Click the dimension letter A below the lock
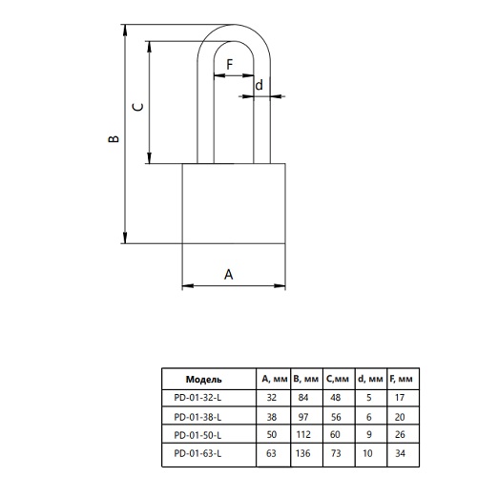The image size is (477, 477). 229,274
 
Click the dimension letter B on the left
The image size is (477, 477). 114,138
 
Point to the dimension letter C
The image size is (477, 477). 137,107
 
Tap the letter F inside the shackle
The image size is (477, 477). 230,65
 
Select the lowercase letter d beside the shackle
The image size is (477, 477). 259,85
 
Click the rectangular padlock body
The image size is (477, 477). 234,203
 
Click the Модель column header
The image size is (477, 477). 204,379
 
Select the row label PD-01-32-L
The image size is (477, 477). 197,398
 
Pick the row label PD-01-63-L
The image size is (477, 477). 197,453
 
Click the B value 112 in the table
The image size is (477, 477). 303,434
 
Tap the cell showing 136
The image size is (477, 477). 302,453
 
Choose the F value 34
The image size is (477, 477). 400,453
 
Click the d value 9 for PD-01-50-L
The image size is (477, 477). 369,434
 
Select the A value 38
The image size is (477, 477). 272,417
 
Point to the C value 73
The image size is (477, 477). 336,453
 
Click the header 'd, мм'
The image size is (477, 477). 370,379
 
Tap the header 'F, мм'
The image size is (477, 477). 401,379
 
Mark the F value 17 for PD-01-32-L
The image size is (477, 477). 400,398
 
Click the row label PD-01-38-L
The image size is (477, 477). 197,417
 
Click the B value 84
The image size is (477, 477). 303,398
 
